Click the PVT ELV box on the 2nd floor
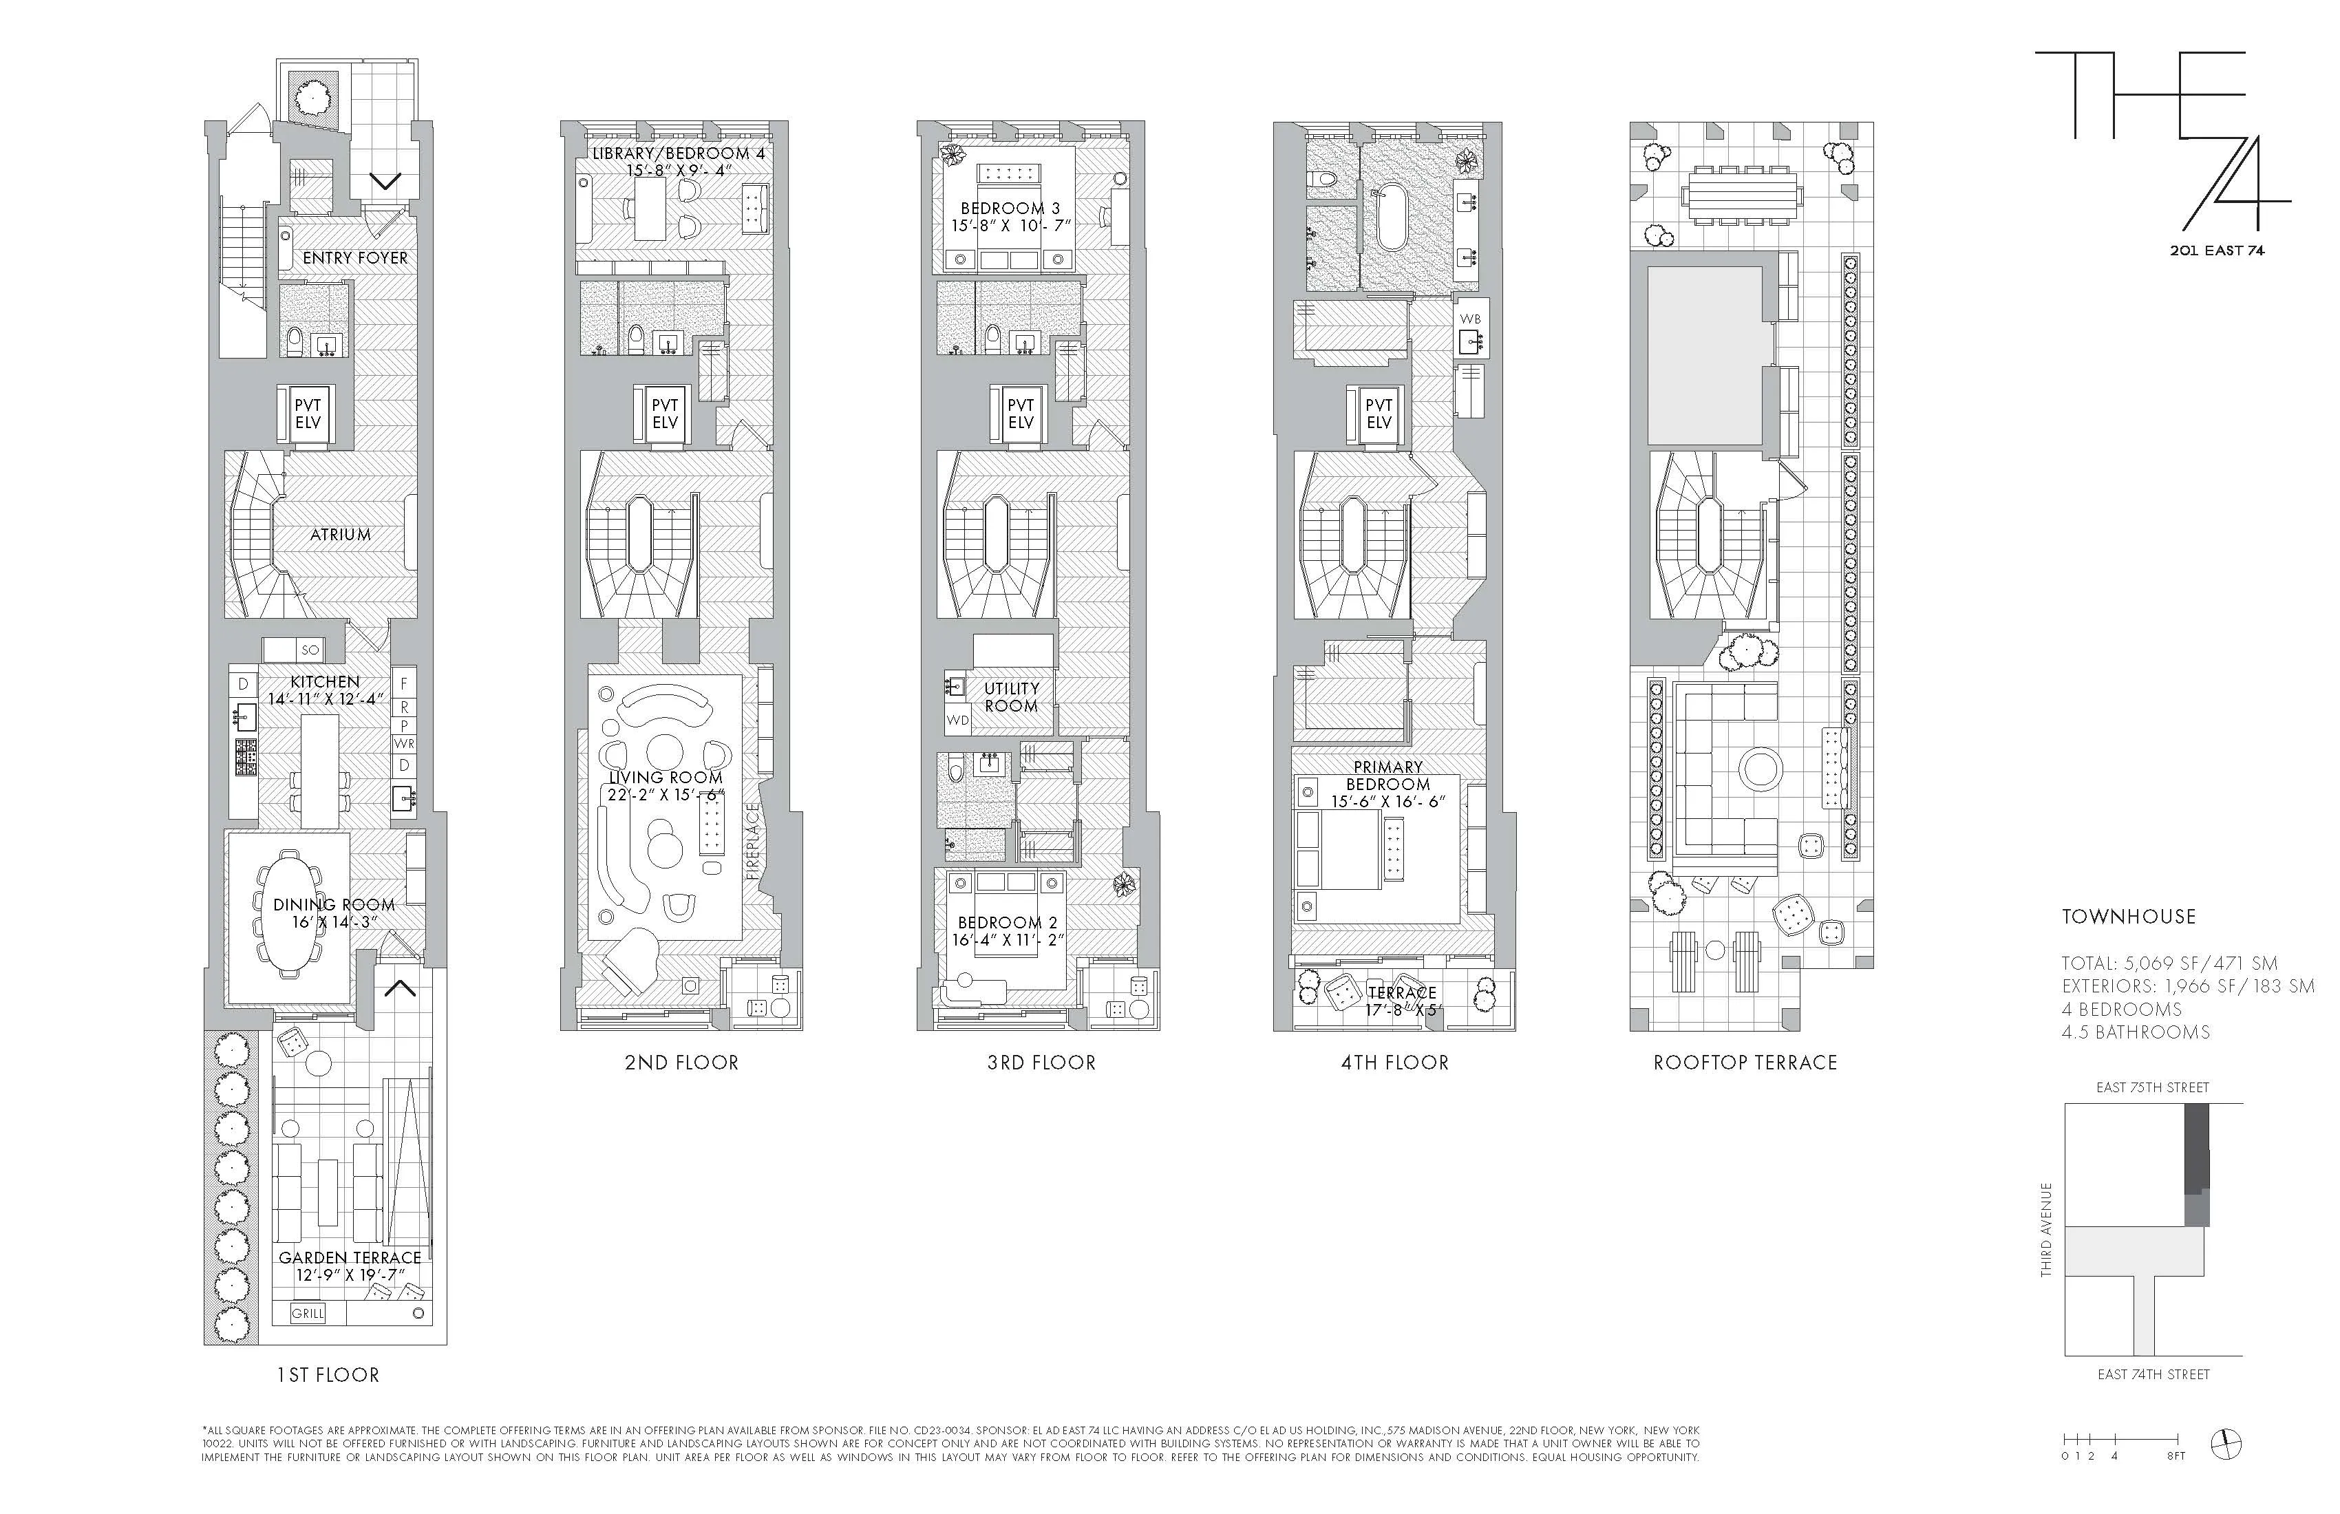click(x=665, y=413)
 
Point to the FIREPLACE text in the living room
click(x=753, y=840)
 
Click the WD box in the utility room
click(x=957, y=721)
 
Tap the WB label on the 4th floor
click(x=1470, y=319)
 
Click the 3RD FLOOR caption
click(x=1041, y=1063)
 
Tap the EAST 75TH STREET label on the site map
click(x=2152, y=1087)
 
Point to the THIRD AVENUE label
click(x=2047, y=1229)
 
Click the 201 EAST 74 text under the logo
click(x=2216, y=250)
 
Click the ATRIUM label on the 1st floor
click(x=340, y=535)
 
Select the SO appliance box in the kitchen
click(x=310, y=650)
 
